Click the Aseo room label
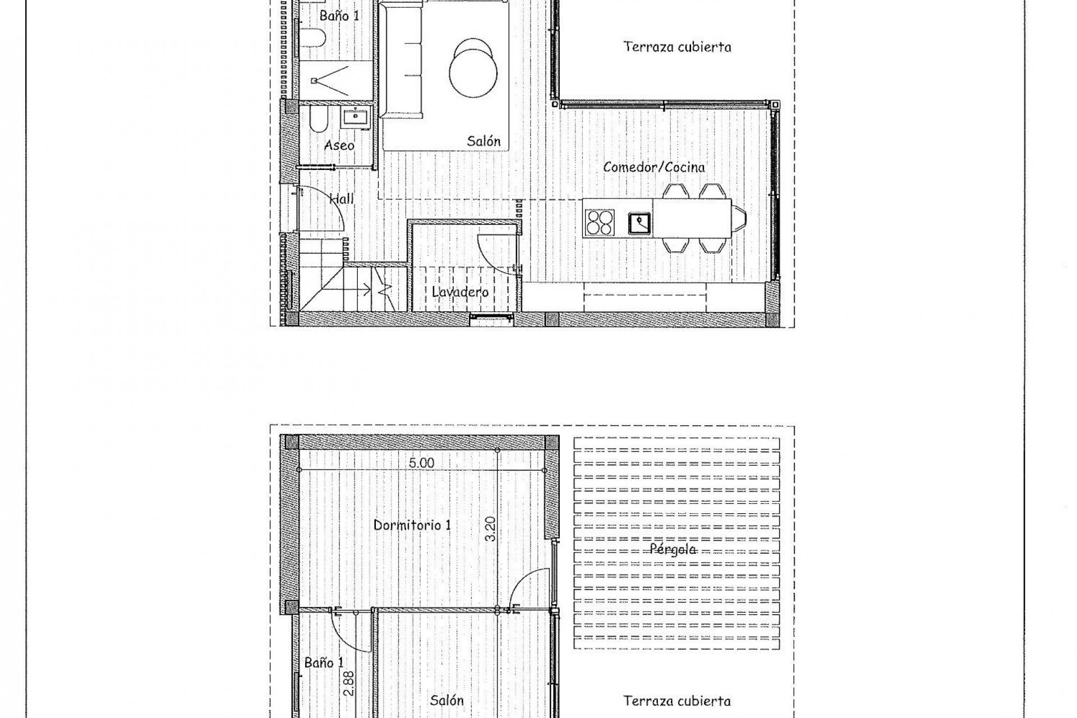coord(339,146)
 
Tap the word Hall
coord(341,199)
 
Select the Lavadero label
coord(460,292)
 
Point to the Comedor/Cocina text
coord(654,167)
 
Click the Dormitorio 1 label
coord(412,526)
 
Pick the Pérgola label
coord(673,549)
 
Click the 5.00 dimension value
coord(421,463)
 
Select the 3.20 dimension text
coord(490,528)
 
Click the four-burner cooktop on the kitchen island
coord(600,222)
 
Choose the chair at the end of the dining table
coord(740,218)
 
